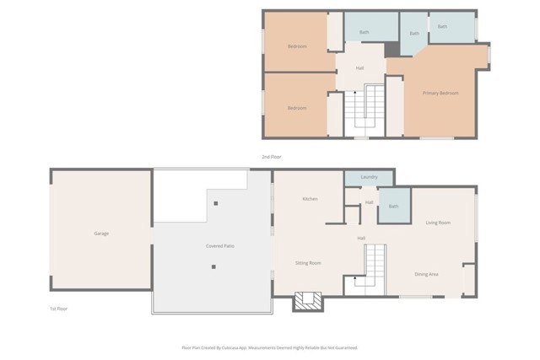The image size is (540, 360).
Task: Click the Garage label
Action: (101, 234)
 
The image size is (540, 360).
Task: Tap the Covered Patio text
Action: (220, 246)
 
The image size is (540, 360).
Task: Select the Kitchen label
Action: (310, 199)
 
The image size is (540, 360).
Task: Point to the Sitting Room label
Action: (308, 263)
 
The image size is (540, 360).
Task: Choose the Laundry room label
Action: (369, 177)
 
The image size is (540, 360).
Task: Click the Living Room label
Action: (437, 223)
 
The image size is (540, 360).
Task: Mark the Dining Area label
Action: (426, 274)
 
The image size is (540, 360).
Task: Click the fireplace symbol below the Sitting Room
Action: (308, 301)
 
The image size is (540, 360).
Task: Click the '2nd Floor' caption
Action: (271, 157)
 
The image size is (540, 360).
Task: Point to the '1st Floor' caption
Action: (58, 309)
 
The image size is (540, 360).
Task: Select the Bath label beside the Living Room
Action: (393, 207)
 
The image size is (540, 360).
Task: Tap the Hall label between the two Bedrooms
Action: (360, 67)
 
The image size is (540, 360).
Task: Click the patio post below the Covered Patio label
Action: (213, 267)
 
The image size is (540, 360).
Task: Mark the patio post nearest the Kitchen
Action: (217, 203)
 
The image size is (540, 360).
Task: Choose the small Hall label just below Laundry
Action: (370, 202)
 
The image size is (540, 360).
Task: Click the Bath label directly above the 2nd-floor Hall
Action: (364, 32)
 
